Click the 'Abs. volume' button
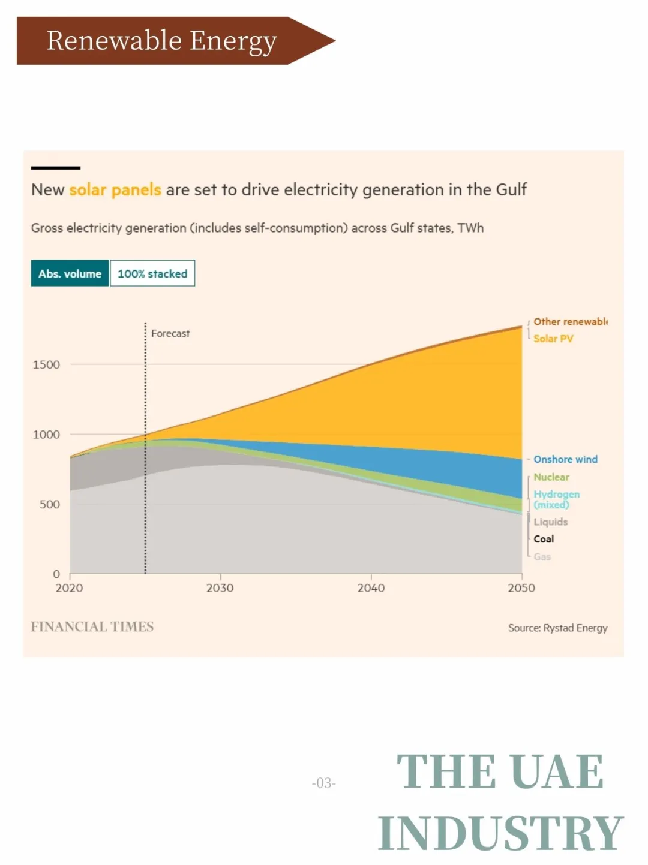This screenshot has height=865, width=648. pos(70,273)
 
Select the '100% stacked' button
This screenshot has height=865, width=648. pos(152,273)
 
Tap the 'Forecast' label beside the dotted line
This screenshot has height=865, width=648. pos(170,333)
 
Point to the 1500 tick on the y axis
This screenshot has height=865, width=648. pos(46,364)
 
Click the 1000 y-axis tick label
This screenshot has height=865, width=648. pos(46,435)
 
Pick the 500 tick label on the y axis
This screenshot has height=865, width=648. pos(50,505)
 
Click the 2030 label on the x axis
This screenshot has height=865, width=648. pos(220,588)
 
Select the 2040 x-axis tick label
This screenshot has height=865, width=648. pos(371,588)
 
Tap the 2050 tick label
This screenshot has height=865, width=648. pos(521,588)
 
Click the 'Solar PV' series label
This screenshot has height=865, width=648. pos(553,339)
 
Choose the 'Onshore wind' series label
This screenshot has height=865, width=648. pos(565,459)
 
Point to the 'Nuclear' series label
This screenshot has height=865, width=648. pos(551,477)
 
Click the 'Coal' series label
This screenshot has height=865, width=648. pos(544,539)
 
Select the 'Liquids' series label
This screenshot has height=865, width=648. pos(550,522)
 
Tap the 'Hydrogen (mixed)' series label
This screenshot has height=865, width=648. pos(556,499)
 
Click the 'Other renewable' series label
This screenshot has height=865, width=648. pos(570,322)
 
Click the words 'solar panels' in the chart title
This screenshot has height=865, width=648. pos(115,190)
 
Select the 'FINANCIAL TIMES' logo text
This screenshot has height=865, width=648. pos(92,626)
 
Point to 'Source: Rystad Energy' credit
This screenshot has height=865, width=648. pos(557,628)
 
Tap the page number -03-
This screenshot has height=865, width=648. pos(324,783)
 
